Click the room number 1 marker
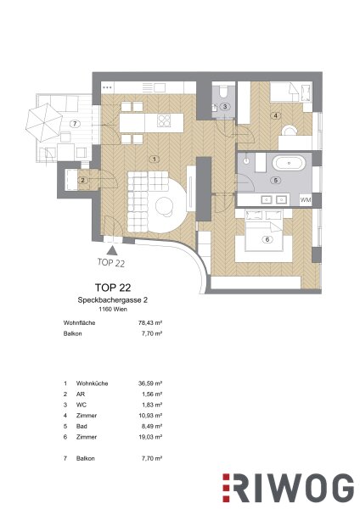(155, 159)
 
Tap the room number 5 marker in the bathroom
(276, 180)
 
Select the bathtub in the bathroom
(288, 163)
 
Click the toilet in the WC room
(223, 92)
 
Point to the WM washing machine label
(306, 200)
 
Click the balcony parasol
(44, 121)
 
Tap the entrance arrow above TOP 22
(112, 250)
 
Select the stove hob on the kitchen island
(164, 120)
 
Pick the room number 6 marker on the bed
(267, 239)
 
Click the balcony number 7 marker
(75, 123)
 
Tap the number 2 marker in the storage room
(83, 180)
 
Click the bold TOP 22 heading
(113, 288)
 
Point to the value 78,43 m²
(150, 323)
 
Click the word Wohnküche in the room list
(92, 383)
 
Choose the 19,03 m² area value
(150, 437)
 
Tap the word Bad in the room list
(82, 426)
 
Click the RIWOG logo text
(288, 489)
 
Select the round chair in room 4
(290, 131)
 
